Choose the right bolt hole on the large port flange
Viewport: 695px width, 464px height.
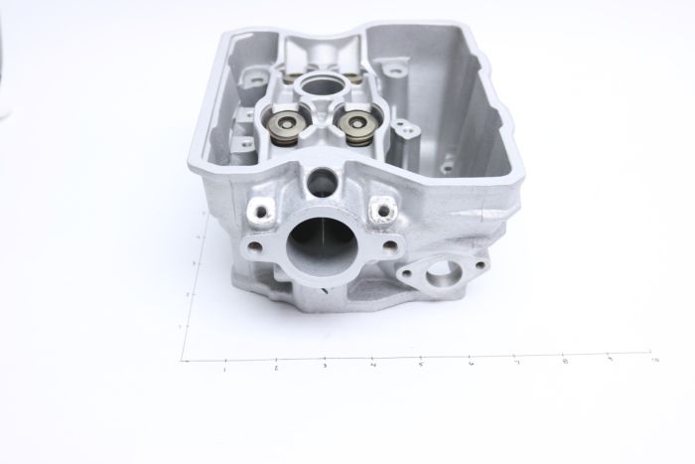pyautogui.click(x=390, y=246)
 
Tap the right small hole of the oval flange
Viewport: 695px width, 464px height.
pyautogui.click(x=467, y=265)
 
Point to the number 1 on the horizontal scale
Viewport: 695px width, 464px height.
pyautogui.click(x=226, y=370)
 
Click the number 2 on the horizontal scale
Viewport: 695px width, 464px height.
pyautogui.click(x=275, y=370)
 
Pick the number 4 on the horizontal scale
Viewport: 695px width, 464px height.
pyautogui.click(x=372, y=368)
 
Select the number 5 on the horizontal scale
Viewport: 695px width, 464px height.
pyautogui.click(x=421, y=367)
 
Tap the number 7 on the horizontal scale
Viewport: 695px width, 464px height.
pyautogui.click(x=517, y=364)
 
